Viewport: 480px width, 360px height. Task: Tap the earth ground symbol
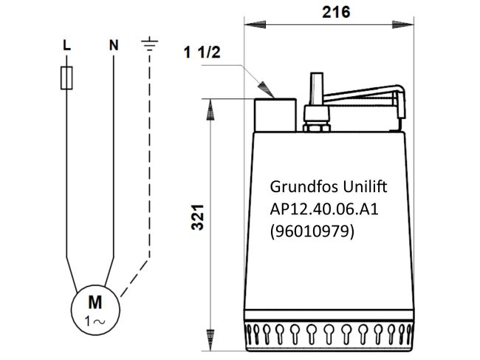coord(151,46)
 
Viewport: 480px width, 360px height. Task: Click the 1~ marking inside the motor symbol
coord(95,322)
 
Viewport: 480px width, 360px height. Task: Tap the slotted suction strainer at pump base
coord(328,336)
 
